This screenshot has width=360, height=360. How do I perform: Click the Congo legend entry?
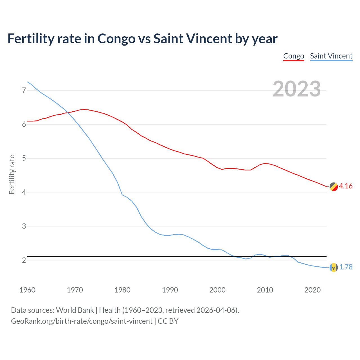tap(294, 56)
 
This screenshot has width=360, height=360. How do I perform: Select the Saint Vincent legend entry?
tap(331, 56)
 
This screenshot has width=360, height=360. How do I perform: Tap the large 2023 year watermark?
tap(296, 89)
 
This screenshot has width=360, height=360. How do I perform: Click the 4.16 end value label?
tap(346, 186)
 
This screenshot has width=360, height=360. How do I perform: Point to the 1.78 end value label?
tap(346, 267)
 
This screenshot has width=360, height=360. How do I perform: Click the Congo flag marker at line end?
tap(334, 186)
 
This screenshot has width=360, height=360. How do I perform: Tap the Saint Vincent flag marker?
tap(334, 267)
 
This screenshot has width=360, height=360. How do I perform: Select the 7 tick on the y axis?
tap(24, 90)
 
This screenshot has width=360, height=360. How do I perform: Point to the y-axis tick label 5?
tap(24, 158)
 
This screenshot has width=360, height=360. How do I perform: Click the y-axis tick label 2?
tap(24, 260)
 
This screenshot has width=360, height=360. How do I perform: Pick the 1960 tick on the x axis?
tap(27, 290)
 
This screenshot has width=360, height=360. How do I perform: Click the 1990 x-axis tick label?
tap(170, 290)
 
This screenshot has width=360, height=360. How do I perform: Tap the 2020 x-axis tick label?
tap(312, 290)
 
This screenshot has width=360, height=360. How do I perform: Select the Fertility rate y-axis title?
tap(12, 174)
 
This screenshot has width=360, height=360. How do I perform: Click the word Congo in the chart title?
tap(116, 39)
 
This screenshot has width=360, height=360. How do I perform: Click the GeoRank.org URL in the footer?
tap(82, 321)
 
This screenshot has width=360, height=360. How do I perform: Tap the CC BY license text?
tap(168, 321)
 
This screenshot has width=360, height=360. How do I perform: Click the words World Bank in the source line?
tap(75, 310)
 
